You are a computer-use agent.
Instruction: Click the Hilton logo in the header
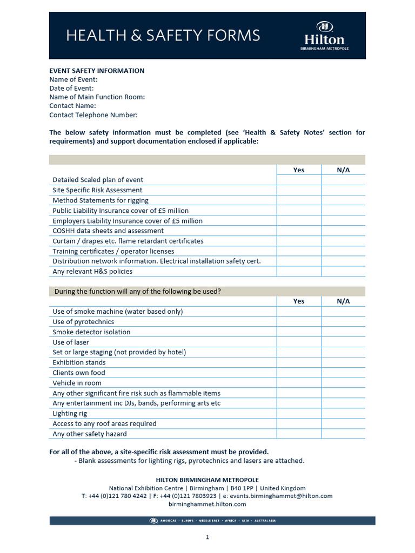(324, 36)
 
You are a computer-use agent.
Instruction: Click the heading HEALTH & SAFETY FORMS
(163, 36)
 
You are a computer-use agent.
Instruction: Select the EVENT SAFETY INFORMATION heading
(97, 71)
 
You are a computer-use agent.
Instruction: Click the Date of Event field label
(71, 88)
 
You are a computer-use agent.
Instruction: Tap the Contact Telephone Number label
(93, 114)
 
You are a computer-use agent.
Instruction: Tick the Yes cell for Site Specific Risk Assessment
(299, 190)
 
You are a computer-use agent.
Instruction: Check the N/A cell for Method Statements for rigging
(343, 200)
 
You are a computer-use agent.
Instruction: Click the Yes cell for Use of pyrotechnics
(299, 322)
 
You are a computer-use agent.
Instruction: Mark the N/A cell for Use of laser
(343, 342)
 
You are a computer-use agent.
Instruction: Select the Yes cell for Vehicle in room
(299, 383)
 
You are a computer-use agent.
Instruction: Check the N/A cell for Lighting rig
(343, 414)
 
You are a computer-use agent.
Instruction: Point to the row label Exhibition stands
(79, 362)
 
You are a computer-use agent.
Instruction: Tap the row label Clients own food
(79, 373)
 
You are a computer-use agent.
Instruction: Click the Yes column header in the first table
(299, 170)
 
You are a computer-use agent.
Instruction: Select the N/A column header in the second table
(343, 301)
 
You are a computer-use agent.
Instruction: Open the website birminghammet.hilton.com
(207, 504)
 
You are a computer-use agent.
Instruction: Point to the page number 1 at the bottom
(207, 537)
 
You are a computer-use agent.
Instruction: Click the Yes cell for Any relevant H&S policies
(299, 272)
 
